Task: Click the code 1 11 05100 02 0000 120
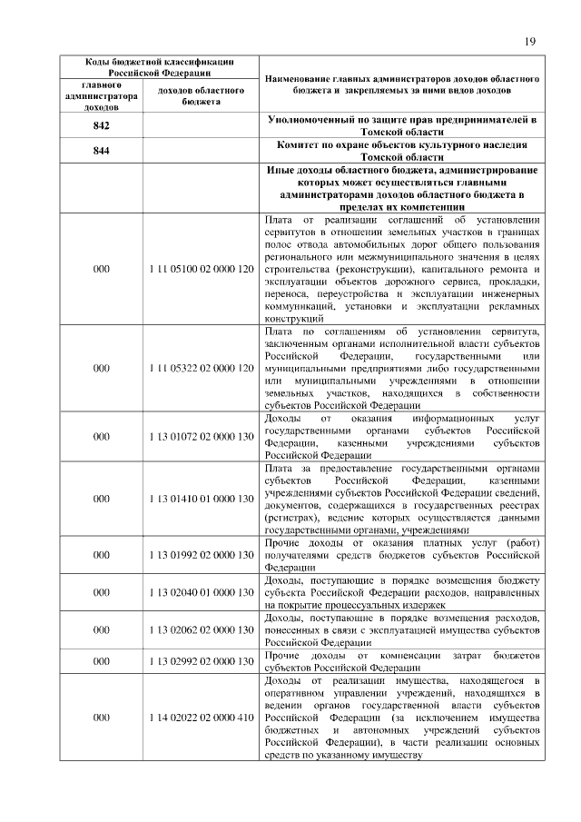tap(200, 270)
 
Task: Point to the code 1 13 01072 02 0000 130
tap(200, 436)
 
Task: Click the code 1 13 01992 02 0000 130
tap(200, 555)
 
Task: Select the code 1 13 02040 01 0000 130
tap(200, 592)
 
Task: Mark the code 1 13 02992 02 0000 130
tap(200, 660)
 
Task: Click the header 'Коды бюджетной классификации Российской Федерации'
tap(160, 66)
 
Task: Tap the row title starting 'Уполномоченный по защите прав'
tap(403, 126)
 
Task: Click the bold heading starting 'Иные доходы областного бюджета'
tap(403, 188)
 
